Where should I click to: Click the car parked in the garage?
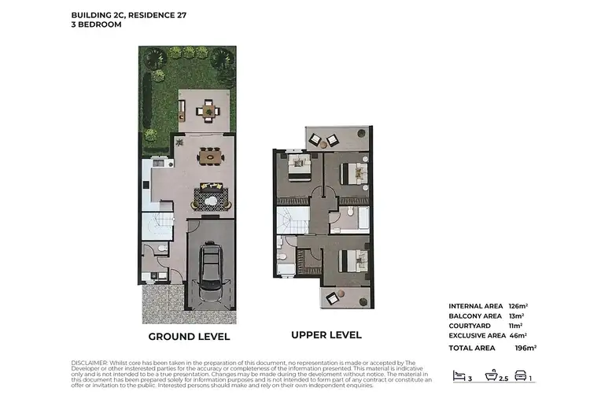[x=211, y=272]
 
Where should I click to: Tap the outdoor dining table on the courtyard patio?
[x=209, y=110]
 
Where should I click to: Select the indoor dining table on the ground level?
[x=210, y=157]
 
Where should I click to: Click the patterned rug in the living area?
[x=213, y=197]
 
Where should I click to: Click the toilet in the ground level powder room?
[x=160, y=249]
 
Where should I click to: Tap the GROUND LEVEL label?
[x=190, y=337]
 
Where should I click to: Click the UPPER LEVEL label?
[x=326, y=335]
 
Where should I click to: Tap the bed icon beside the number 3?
[x=459, y=376]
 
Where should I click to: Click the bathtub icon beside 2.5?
[x=492, y=376]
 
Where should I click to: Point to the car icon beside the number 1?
[x=520, y=376]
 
